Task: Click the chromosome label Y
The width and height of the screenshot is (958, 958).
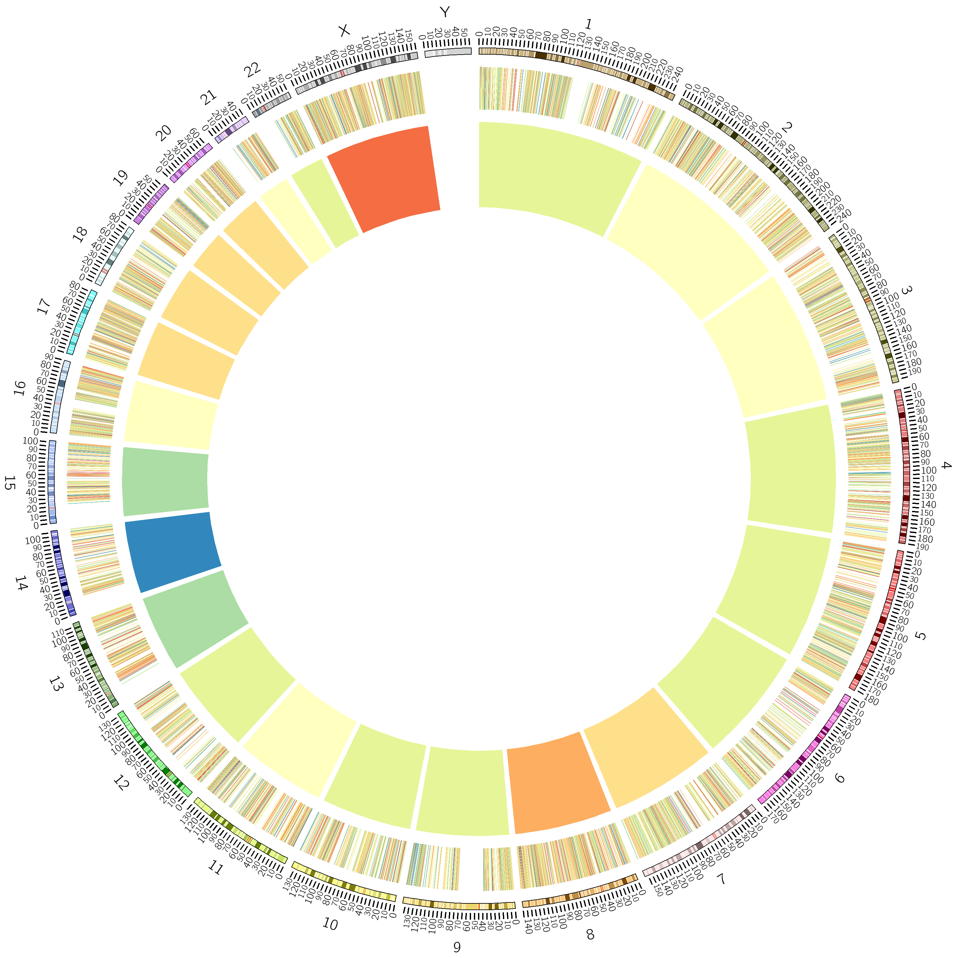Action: pos(445,12)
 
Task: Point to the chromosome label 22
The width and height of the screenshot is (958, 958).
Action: pos(252,70)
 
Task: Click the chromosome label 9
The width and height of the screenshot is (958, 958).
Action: pos(457,947)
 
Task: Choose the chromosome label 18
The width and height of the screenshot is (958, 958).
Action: pos(79,234)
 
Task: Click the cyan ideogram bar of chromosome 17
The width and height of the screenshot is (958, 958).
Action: pos(82,322)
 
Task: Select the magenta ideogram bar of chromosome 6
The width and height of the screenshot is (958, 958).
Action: pos(806,749)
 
